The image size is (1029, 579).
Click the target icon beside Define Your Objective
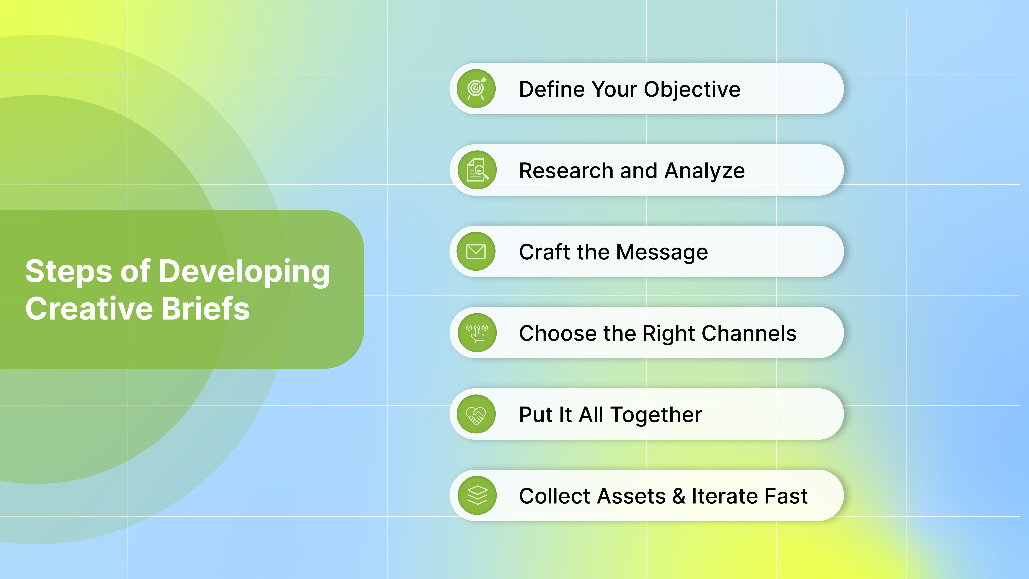pyautogui.click(x=476, y=89)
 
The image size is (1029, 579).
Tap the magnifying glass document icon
pyautogui.click(x=477, y=170)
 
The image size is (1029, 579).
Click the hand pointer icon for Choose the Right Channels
pyautogui.click(x=477, y=333)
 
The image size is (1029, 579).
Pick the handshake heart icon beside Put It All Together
pyautogui.click(x=476, y=414)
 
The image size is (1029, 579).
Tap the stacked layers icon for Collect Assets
pyautogui.click(x=477, y=496)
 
